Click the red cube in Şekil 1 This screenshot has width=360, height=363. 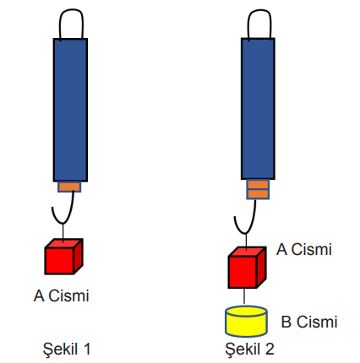point(63,257)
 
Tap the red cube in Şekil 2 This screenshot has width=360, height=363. point(247,268)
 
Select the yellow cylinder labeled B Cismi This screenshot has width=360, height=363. point(246,322)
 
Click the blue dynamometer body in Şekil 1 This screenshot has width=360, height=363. point(70,110)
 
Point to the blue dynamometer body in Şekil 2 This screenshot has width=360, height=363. point(258,109)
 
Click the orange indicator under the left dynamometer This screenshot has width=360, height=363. point(69,187)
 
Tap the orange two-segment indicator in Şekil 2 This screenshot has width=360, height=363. point(258,189)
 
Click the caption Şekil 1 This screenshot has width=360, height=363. point(67,349)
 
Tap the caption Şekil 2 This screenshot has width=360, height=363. point(250,349)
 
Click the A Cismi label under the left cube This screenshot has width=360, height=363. point(62,295)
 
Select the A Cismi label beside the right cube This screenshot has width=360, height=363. point(304,249)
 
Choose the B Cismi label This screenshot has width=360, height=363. point(309,322)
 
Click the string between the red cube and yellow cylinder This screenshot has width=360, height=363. point(244,296)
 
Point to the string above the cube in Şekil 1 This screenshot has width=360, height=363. point(63,232)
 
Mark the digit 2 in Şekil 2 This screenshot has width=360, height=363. point(270,349)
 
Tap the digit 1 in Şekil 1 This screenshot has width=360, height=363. point(87,349)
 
